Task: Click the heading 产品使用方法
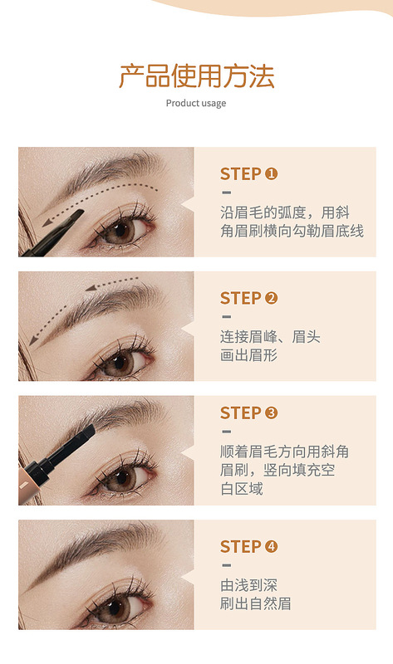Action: pyautogui.click(x=196, y=76)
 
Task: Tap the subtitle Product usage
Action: pyautogui.click(x=196, y=104)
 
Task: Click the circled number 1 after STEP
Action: pyautogui.click(x=271, y=173)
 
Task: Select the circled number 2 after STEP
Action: pyautogui.click(x=271, y=298)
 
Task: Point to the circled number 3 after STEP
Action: pyautogui.click(x=271, y=413)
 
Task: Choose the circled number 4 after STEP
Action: pyautogui.click(x=271, y=546)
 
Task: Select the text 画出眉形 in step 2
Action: pyautogui.click(x=248, y=355)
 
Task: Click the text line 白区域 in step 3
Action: pyautogui.click(x=241, y=489)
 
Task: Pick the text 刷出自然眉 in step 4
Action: pyautogui.click(x=255, y=603)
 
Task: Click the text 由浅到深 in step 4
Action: pyautogui.click(x=248, y=584)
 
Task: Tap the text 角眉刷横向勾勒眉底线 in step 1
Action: pyautogui.click(x=292, y=231)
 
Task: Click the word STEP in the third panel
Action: pyautogui.click(x=240, y=413)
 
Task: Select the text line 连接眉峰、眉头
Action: pyautogui.click(x=270, y=336)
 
